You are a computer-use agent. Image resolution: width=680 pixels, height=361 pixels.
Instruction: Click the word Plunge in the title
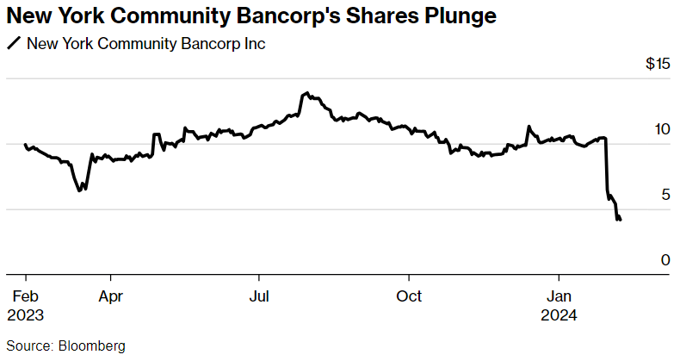click(x=457, y=16)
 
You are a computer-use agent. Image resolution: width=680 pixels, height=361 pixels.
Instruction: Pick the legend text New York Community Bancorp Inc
click(x=146, y=44)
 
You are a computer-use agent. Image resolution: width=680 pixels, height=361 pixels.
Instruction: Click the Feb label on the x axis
click(x=26, y=296)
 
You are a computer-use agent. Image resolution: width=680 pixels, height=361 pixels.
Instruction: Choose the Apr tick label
click(x=110, y=296)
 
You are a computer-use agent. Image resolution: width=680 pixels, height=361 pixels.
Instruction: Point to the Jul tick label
click(x=258, y=296)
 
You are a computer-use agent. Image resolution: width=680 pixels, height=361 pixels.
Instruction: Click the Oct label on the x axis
click(x=409, y=296)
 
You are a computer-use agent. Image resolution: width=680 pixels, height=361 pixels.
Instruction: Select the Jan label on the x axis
click(x=559, y=296)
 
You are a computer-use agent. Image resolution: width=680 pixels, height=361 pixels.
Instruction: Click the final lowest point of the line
click(x=619, y=221)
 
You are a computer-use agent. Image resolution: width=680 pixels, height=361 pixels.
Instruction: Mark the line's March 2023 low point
click(x=80, y=190)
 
